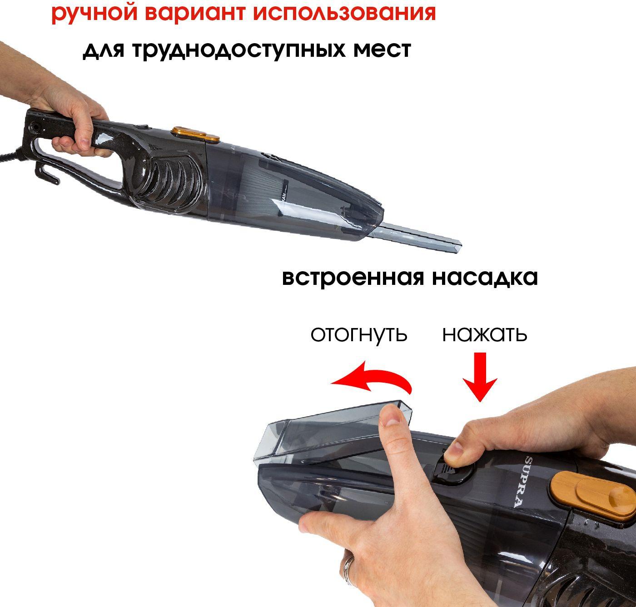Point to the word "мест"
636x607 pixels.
pyautogui.click(x=382, y=50)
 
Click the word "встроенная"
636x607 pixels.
pyautogui.click(x=353, y=278)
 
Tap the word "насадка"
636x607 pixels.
pyautogui.click(x=485, y=278)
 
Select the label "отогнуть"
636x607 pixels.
pyautogui.click(x=359, y=334)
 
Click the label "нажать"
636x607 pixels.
pyautogui.click(x=485, y=334)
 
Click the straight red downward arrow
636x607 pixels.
pyautogui.click(x=480, y=377)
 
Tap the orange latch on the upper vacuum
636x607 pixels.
pyautogui.click(x=195, y=134)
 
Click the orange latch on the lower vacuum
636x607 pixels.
pyautogui.click(x=593, y=496)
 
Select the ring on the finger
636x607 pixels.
pyautogui.click(x=349, y=562)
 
